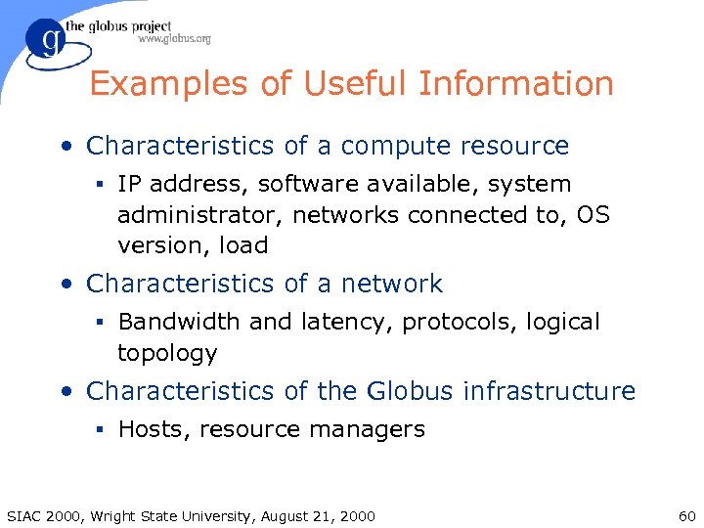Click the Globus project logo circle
tap(46, 43)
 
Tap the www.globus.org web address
tap(174, 39)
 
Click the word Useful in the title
tap(356, 84)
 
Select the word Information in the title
tap(516, 84)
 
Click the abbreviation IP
tap(128, 184)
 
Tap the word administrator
tap(200, 215)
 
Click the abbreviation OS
tap(593, 215)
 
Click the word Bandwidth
tap(180, 322)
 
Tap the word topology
tap(167, 353)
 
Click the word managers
tap(376, 429)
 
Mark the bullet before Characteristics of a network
tap(66, 285)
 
